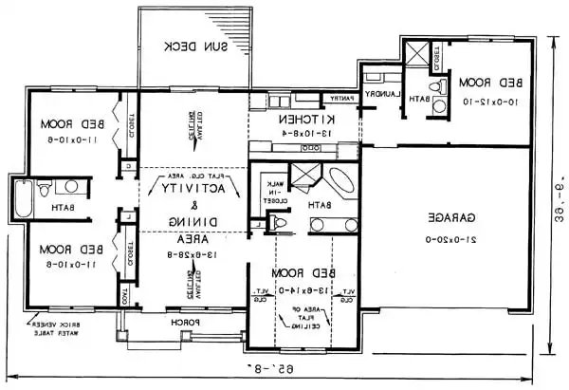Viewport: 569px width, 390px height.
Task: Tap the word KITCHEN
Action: point(303,121)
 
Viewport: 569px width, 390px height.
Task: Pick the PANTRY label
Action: point(340,98)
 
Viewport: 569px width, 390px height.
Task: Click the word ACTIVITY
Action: point(197,189)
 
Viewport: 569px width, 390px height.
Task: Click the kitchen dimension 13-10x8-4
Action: point(303,135)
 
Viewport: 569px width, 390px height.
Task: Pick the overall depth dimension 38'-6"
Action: point(559,214)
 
